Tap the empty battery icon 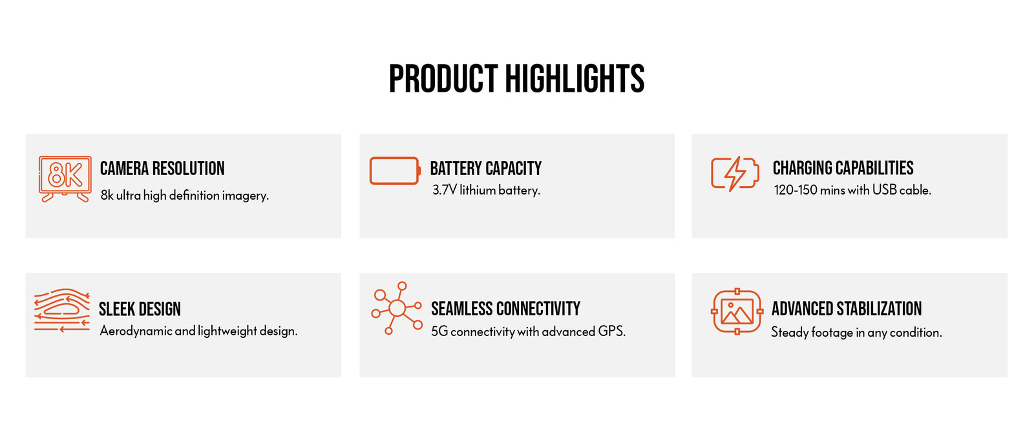coord(395,171)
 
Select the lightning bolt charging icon coord(735,174)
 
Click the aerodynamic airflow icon coord(62,310)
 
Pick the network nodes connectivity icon coord(397,308)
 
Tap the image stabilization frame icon coord(737,311)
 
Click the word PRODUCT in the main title coord(443,79)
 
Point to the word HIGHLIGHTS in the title coord(575,79)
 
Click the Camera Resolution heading coord(162,169)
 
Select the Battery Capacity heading coord(485,169)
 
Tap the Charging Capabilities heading coord(843,168)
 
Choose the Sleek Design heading coord(140,309)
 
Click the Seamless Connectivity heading coord(505,309)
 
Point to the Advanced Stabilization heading coord(847,309)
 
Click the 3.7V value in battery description coord(445,190)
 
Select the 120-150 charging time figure coord(796,190)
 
